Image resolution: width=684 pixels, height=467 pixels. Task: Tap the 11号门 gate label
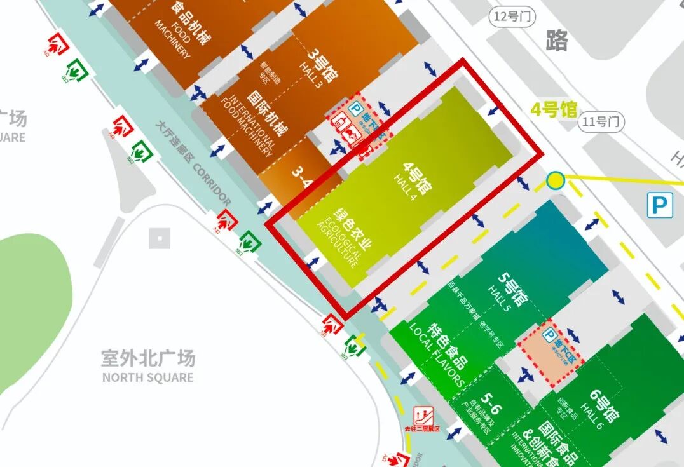tap(601, 121)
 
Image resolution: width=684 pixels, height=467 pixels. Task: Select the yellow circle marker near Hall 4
tap(556, 181)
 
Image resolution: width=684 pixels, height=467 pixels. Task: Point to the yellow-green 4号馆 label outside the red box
tap(553, 109)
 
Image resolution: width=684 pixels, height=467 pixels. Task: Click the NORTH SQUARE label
tap(147, 377)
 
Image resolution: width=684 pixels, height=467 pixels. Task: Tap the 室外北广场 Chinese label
tap(147, 358)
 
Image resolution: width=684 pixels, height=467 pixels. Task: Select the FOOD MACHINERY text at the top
tap(172, 39)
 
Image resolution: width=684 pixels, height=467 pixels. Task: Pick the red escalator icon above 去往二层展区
tap(421, 416)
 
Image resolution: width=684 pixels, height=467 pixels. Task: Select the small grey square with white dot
tap(160, 238)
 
